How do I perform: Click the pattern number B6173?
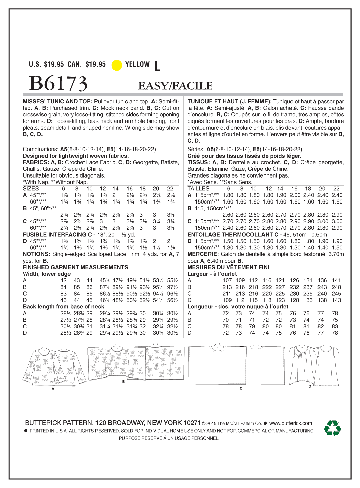[x=58, y=83]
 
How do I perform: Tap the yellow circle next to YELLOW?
[x=117, y=65]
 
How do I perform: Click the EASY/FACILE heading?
[x=175, y=86]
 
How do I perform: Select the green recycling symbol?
[x=332, y=428]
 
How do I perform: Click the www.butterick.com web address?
[x=290, y=423]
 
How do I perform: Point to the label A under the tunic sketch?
[x=53, y=389]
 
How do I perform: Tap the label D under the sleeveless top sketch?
[x=310, y=386]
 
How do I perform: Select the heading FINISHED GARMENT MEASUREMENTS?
[x=76, y=267]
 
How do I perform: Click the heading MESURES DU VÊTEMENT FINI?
[x=228, y=267]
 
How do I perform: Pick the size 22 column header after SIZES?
[x=170, y=189]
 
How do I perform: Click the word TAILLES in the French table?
[x=198, y=189]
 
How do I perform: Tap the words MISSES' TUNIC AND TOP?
[x=57, y=101]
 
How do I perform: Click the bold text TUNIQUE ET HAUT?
[x=213, y=101]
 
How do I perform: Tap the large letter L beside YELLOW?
[x=157, y=66]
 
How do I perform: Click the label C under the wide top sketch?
[x=241, y=388]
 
